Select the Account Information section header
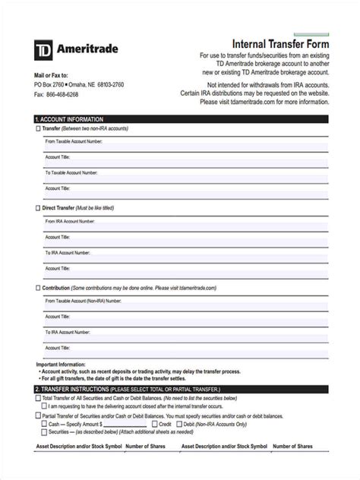69,119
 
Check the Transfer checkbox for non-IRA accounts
39,129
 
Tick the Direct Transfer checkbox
39,207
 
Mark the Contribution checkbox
39,288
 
